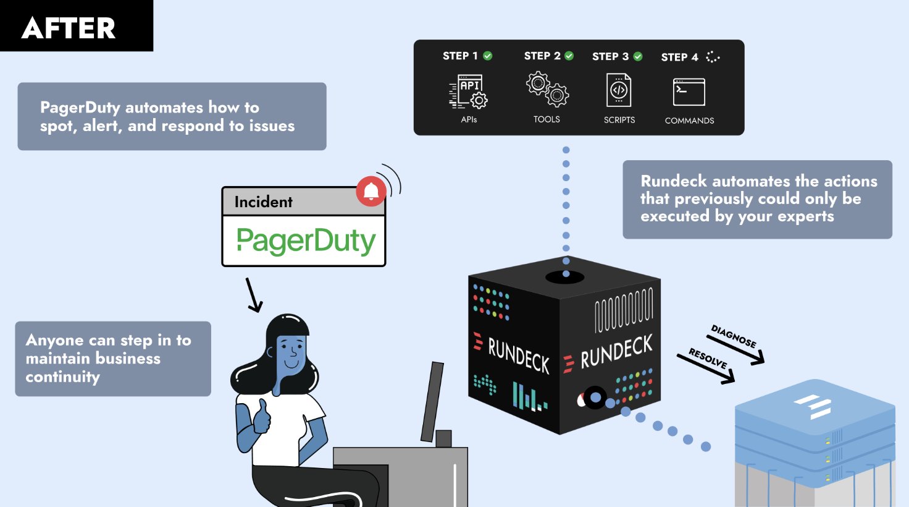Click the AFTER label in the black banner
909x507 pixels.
click(69, 28)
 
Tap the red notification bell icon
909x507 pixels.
click(371, 192)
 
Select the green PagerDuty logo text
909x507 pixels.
click(306, 241)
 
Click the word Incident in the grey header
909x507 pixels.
click(263, 202)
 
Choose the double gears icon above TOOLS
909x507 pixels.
click(547, 90)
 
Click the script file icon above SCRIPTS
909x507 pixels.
click(619, 90)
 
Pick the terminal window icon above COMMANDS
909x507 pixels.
click(689, 92)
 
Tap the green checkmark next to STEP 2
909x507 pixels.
click(569, 56)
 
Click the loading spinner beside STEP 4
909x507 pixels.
click(713, 57)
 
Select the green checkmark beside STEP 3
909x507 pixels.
click(638, 56)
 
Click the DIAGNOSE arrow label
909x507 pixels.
click(734, 337)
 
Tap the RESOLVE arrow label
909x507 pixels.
click(708, 359)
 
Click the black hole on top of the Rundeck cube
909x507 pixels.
click(564, 276)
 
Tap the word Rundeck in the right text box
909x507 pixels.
click(674, 181)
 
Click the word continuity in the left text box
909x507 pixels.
click(62, 377)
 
